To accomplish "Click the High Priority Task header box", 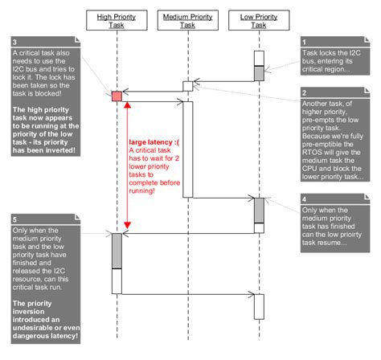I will [x=117, y=20].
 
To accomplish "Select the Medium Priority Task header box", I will [x=187, y=20].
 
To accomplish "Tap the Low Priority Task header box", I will [x=259, y=20].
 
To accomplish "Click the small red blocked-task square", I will [x=117, y=96].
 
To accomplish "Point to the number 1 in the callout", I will [x=305, y=41].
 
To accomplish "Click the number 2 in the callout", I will [x=305, y=93].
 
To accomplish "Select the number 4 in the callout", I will [x=305, y=198].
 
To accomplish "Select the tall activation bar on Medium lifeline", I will [x=187, y=149].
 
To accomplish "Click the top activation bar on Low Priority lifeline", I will [x=259, y=65].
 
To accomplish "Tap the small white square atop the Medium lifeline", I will [x=187, y=85].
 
